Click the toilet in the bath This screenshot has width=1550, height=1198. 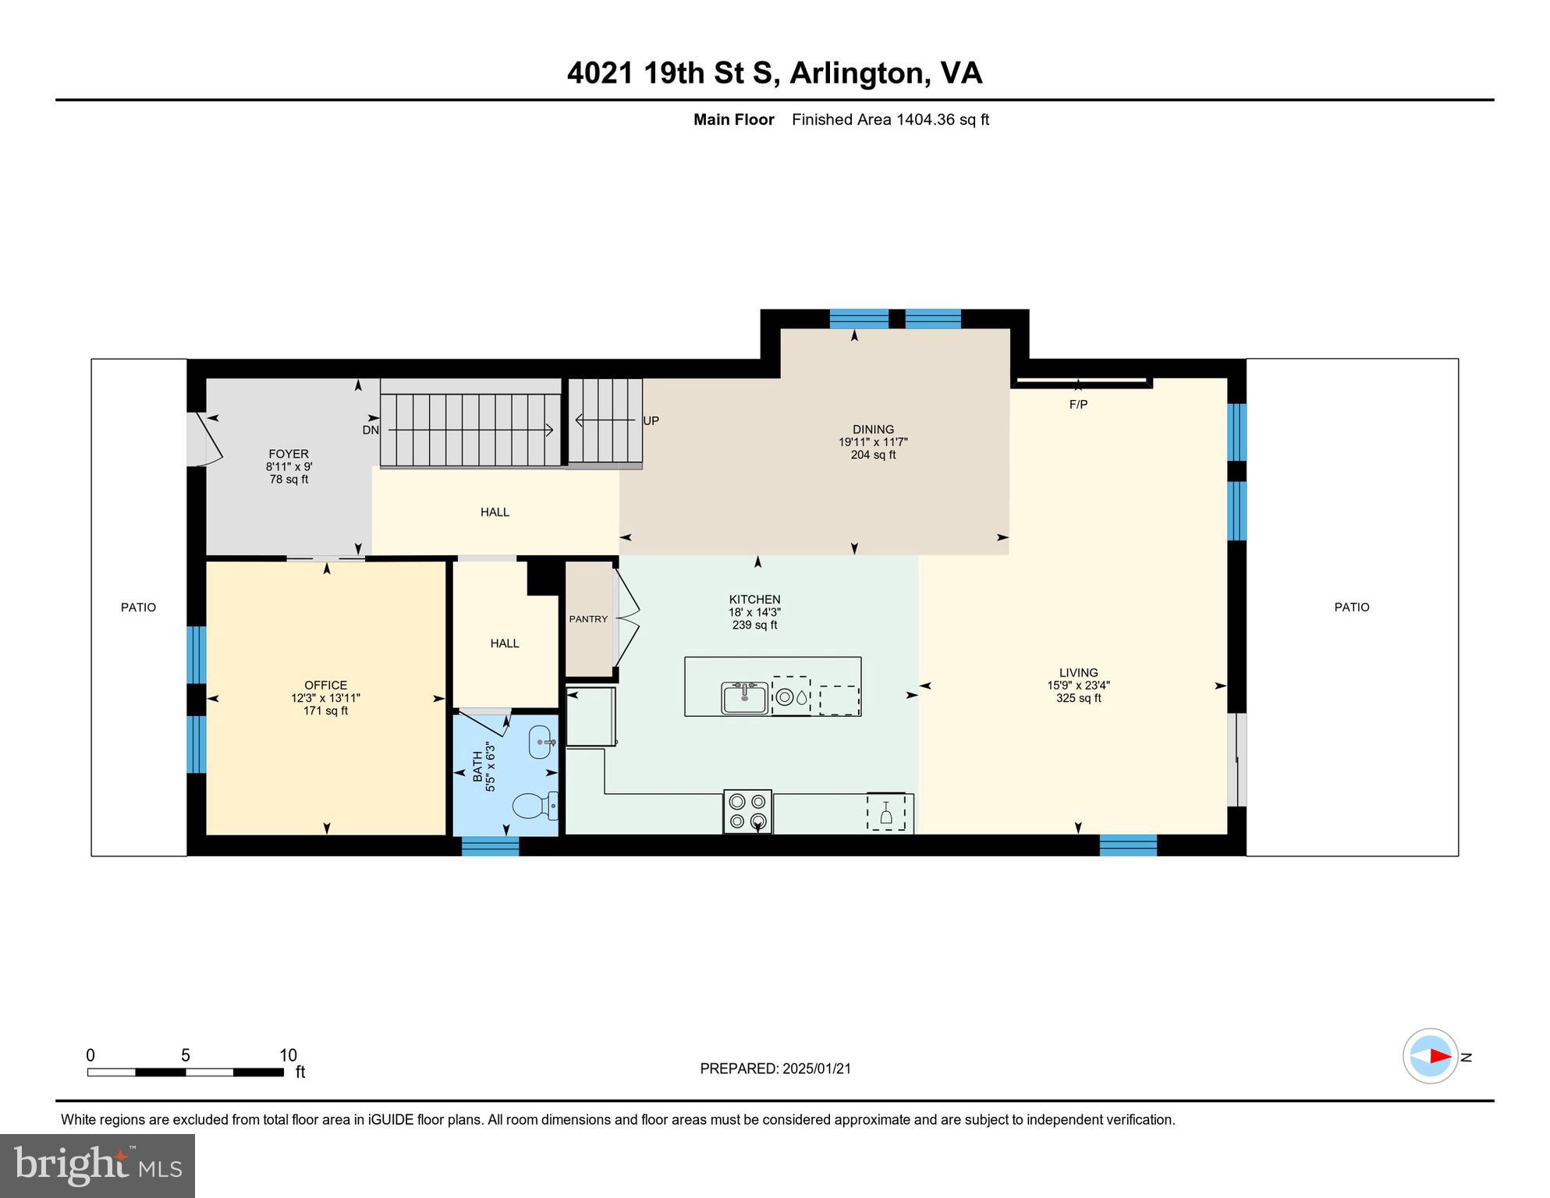533,805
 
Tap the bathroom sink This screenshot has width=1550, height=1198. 541,742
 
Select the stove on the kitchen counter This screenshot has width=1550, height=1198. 747,811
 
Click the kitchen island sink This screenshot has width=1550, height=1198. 744,697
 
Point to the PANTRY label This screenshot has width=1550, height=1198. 588,618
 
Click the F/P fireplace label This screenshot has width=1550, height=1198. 1078,404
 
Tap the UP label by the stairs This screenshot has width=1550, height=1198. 651,420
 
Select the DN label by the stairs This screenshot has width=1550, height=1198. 371,430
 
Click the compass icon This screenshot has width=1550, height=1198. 1430,1056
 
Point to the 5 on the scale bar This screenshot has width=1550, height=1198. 186,1055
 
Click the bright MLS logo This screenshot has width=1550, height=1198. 98,1165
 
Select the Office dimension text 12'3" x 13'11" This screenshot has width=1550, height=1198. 325,698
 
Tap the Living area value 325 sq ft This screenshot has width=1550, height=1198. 1078,698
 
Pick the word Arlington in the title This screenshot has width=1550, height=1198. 857,73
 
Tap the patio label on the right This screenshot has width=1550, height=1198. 1351,607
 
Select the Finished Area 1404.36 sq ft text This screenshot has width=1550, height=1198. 890,119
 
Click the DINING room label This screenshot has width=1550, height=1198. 873,429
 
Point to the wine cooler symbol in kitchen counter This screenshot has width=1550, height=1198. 886,813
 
